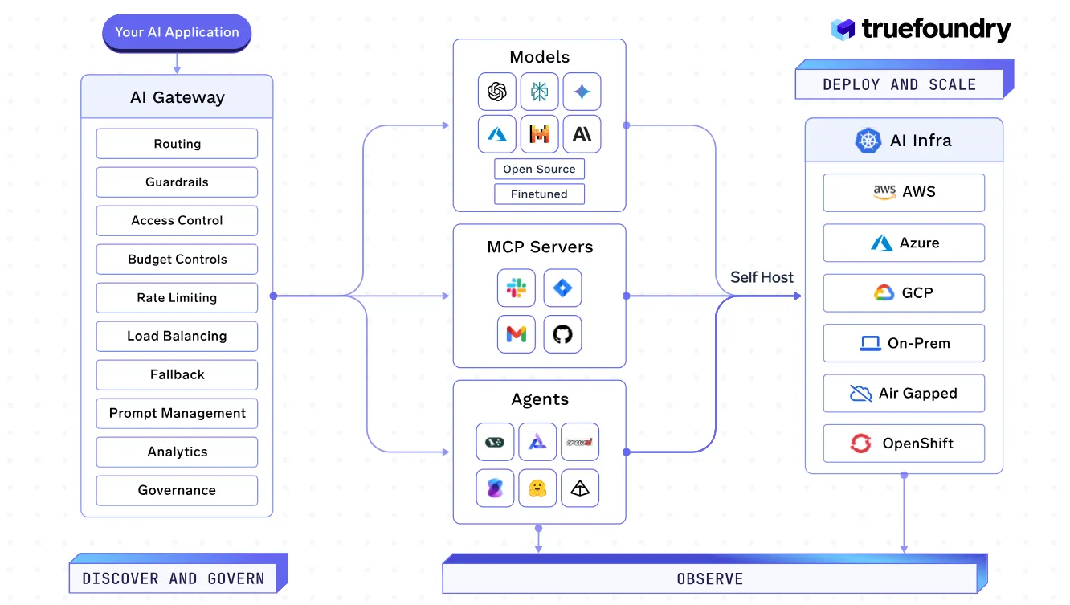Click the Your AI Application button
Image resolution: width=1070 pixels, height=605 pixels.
pos(177,33)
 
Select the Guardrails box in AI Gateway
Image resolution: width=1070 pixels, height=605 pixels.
pos(177,182)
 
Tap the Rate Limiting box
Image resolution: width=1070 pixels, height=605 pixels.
pos(177,298)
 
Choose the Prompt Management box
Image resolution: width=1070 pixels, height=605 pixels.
pos(177,414)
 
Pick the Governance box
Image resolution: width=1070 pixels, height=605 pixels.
pos(177,491)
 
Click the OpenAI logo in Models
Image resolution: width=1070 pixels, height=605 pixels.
pos(496,92)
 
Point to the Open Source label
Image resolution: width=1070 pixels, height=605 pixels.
pos(539,170)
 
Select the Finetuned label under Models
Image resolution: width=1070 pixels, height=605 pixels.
pos(539,194)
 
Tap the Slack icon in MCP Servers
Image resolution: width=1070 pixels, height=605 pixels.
pos(516,288)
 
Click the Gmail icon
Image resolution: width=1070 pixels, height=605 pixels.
pos(516,334)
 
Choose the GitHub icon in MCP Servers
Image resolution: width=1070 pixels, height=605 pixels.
pos(562,334)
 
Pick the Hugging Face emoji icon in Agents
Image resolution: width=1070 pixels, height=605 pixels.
pos(537,488)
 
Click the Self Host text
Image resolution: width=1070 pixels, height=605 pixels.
pos(762,278)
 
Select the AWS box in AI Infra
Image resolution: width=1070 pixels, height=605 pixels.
pos(904,193)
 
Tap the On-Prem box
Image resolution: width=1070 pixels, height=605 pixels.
pos(904,344)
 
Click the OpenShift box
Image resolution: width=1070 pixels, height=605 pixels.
pos(904,444)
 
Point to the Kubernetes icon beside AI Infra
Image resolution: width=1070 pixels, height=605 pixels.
pos(868,141)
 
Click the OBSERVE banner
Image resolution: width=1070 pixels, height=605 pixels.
pos(709,578)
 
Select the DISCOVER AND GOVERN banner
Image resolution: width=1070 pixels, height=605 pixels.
pos(174,578)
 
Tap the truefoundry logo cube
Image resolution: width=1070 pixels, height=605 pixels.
pos(843,31)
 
